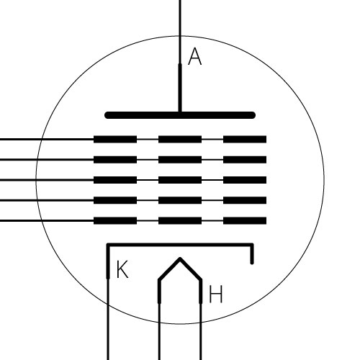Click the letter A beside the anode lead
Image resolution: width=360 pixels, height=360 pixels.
[x=194, y=56]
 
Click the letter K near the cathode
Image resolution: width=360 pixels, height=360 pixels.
[x=122, y=269]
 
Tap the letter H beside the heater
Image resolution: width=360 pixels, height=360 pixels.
[x=216, y=294]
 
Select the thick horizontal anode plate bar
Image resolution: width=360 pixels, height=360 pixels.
[x=180, y=115]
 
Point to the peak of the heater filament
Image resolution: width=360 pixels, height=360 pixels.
[x=180, y=258]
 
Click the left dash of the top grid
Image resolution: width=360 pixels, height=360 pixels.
[x=115, y=139]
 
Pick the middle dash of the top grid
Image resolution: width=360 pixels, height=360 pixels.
[x=180, y=139]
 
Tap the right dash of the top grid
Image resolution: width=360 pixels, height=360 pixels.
[x=245, y=139]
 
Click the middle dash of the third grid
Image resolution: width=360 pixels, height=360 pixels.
[x=180, y=180]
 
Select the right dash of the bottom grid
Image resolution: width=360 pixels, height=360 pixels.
[x=245, y=220]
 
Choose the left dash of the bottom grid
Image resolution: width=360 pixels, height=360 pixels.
[x=115, y=220]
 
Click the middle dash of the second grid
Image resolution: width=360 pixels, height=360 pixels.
[x=180, y=160]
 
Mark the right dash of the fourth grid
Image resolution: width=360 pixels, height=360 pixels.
[x=245, y=200]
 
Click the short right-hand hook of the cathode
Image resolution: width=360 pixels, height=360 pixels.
[x=252, y=254]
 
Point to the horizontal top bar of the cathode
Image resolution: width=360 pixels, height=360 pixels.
[x=180, y=245]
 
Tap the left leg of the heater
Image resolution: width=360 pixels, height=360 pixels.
[x=159, y=320]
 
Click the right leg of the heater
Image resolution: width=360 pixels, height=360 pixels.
[x=201, y=320]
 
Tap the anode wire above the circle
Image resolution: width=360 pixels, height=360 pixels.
[x=180, y=18]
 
